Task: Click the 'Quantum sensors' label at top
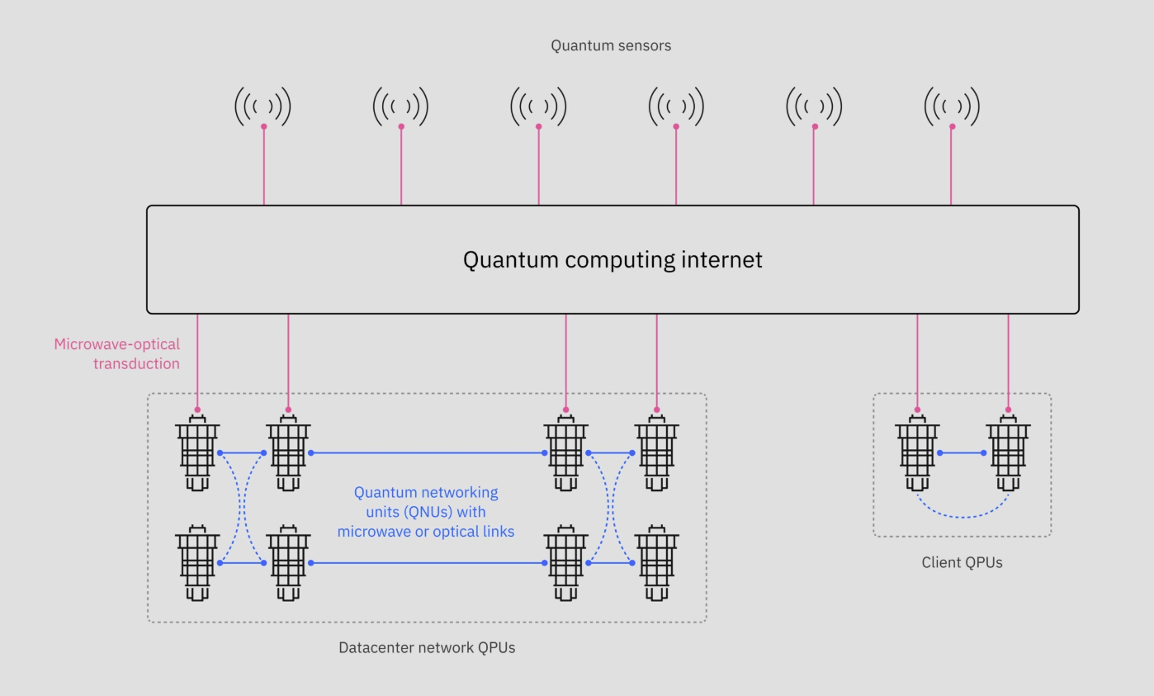coord(611,46)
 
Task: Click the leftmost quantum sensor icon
coord(263,107)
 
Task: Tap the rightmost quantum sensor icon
coord(952,107)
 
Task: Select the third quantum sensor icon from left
coord(538,107)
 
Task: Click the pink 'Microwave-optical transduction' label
coord(117,353)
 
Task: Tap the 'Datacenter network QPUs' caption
coord(427,647)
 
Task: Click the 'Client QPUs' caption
coord(962,563)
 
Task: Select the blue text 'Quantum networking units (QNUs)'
coord(426,502)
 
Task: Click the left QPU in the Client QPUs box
coord(917,454)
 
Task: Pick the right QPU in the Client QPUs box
coord(1008,454)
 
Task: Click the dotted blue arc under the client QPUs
coord(962,516)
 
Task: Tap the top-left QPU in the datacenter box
coord(197,454)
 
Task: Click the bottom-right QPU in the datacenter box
coord(656,564)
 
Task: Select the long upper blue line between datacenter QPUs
coord(427,452)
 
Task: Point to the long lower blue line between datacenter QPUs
coord(427,563)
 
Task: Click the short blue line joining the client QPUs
coord(962,452)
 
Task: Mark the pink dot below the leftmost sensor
coord(263,126)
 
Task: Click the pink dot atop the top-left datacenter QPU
coord(197,410)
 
